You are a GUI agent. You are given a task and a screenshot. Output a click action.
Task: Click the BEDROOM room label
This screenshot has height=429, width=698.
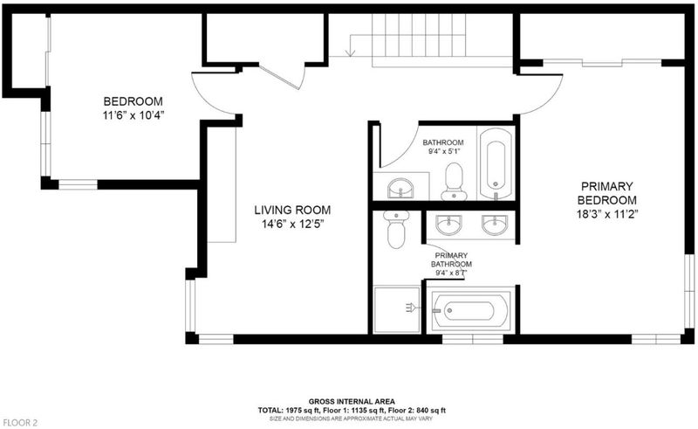(x=133, y=101)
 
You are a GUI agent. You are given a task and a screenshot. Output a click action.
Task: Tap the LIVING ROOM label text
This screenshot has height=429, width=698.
(x=292, y=210)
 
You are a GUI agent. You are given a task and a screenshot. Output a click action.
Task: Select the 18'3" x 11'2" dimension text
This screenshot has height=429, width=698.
(x=607, y=214)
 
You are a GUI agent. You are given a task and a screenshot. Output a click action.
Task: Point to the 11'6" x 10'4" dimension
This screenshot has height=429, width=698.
(x=133, y=115)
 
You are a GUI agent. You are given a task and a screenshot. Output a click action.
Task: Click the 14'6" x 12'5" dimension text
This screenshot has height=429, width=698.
(x=292, y=224)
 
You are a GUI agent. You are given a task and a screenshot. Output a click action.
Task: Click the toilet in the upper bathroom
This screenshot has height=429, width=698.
(x=454, y=182)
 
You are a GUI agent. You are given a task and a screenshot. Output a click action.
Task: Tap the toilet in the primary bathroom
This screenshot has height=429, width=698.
(x=396, y=229)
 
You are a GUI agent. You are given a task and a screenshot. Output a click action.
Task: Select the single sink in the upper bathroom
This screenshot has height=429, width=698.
(x=400, y=188)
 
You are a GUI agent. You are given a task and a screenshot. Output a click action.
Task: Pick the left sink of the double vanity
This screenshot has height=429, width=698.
(x=448, y=225)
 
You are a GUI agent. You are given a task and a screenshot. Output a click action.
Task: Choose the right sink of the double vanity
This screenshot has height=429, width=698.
(x=495, y=225)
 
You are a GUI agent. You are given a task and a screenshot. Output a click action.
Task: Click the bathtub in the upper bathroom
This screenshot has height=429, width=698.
(x=496, y=163)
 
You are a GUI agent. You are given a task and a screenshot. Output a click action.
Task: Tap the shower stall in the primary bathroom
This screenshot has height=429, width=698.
(x=397, y=309)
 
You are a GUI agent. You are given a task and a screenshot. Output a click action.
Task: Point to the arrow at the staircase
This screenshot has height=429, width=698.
(x=352, y=45)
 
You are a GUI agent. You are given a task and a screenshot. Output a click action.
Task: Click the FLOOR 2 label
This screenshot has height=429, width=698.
(x=19, y=423)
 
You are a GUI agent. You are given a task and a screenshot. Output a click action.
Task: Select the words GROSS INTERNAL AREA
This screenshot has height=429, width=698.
(x=352, y=401)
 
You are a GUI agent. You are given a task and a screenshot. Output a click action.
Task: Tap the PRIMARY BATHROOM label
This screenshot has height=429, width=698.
(x=451, y=259)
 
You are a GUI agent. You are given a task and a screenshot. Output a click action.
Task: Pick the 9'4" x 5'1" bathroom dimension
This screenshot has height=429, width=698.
(x=443, y=151)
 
